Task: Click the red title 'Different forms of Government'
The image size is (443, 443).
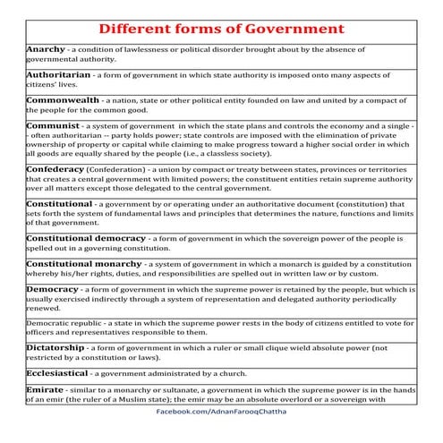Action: pyautogui.click(x=221, y=27)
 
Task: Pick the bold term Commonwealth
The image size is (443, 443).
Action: pyautogui.click(x=63, y=99)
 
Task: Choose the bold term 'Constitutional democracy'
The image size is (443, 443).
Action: pyautogui.click(x=86, y=238)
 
